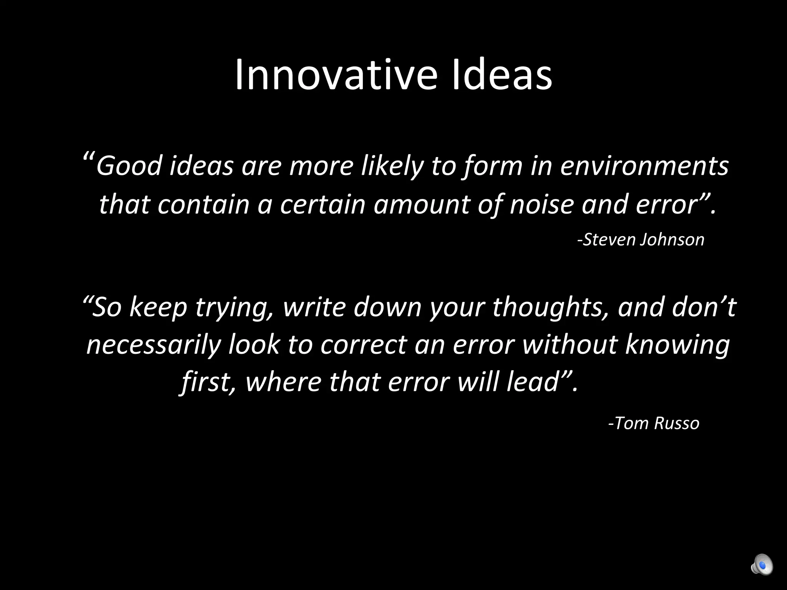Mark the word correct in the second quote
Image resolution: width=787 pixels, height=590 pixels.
coord(364,345)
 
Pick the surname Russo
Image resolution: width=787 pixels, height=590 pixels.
coord(677,423)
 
